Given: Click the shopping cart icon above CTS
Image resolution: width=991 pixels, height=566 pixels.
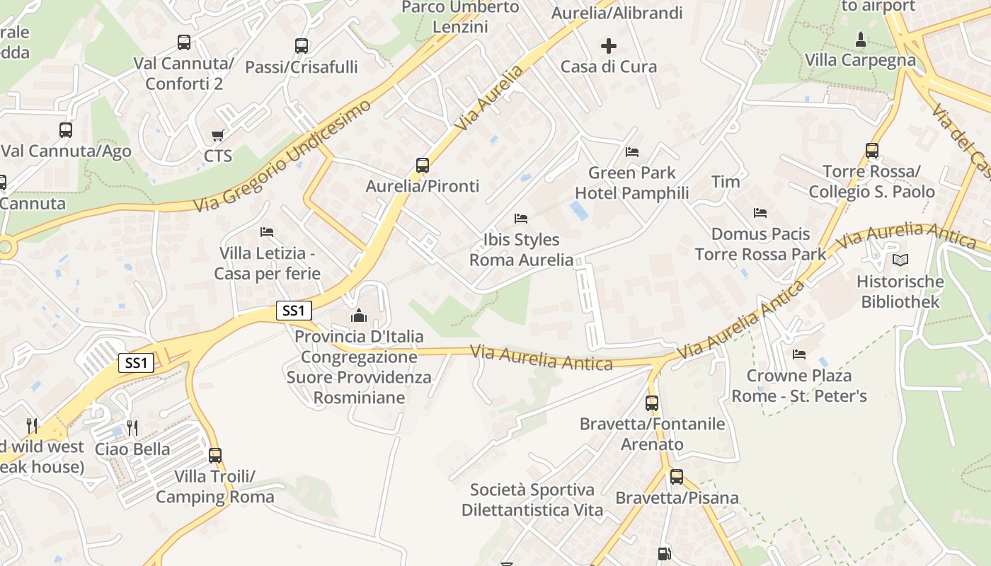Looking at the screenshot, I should pyautogui.click(x=218, y=135).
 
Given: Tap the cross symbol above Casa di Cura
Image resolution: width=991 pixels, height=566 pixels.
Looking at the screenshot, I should pyautogui.click(x=609, y=47).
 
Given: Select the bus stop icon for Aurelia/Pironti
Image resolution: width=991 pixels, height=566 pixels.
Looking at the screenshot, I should pyautogui.click(x=423, y=166).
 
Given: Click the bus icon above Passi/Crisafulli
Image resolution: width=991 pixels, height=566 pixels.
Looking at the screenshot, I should pyautogui.click(x=302, y=46).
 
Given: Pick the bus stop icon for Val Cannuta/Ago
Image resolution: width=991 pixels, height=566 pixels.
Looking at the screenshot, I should pyautogui.click(x=66, y=130).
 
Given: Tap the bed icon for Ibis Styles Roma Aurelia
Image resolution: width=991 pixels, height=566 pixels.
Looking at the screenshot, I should pyautogui.click(x=521, y=219).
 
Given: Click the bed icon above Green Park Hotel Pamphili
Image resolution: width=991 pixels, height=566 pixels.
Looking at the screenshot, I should pyautogui.click(x=632, y=151).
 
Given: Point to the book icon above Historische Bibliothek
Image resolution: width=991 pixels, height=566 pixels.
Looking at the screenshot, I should pyautogui.click(x=900, y=260).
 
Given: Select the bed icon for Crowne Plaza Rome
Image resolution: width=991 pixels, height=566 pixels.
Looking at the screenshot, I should pyautogui.click(x=799, y=354).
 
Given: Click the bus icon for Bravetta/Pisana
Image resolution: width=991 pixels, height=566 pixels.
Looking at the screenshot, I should pyautogui.click(x=677, y=477).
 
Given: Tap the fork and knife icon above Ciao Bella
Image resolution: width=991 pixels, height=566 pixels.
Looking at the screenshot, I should pyautogui.click(x=132, y=427).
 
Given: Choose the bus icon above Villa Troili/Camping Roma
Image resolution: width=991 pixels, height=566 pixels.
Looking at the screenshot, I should pyautogui.click(x=215, y=456).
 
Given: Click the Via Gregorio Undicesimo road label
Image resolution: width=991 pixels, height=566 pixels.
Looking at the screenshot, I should pyautogui.click(x=282, y=156).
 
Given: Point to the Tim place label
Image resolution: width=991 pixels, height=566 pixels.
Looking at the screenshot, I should pyautogui.click(x=726, y=182).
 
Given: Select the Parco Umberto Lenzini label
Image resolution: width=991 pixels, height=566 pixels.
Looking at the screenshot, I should pyautogui.click(x=460, y=17).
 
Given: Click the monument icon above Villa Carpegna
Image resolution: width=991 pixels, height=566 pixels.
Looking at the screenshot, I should pyautogui.click(x=861, y=39).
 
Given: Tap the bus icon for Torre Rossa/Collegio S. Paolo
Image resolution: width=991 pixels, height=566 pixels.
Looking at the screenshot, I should pyautogui.click(x=872, y=151).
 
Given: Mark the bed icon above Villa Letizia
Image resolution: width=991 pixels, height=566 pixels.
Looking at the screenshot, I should pyautogui.click(x=267, y=232).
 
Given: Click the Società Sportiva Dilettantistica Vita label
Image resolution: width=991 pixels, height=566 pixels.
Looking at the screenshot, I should pyautogui.click(x=532, y=499).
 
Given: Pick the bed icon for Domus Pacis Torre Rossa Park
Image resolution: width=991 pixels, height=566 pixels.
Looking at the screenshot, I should pyautogui.click(x=760, y=213).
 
